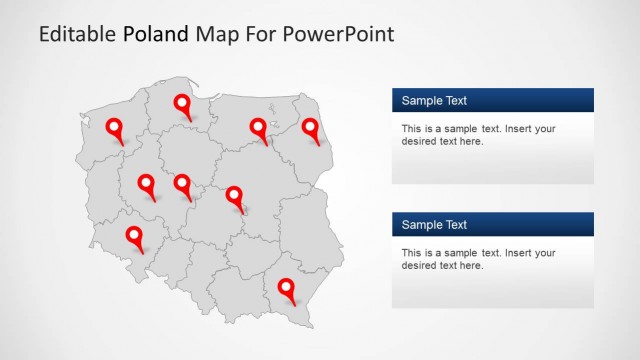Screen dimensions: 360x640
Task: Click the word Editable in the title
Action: [78, 34]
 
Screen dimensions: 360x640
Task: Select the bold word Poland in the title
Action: [156, 34]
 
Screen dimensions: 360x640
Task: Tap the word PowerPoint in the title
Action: [340, 34]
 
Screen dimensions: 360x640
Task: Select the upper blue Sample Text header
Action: [493, 100]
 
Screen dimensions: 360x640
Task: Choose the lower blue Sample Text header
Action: [493, 224]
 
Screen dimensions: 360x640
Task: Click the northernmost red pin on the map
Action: [183, 104]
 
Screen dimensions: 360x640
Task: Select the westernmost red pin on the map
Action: [115, 127]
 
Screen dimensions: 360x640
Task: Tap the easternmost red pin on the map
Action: [311, 127]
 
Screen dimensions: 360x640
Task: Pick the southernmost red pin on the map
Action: [288, 288]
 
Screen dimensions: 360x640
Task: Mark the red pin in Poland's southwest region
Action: [135, 236]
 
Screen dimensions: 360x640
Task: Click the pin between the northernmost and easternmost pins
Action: [259, 127]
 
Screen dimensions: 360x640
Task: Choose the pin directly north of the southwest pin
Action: [147, 183]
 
